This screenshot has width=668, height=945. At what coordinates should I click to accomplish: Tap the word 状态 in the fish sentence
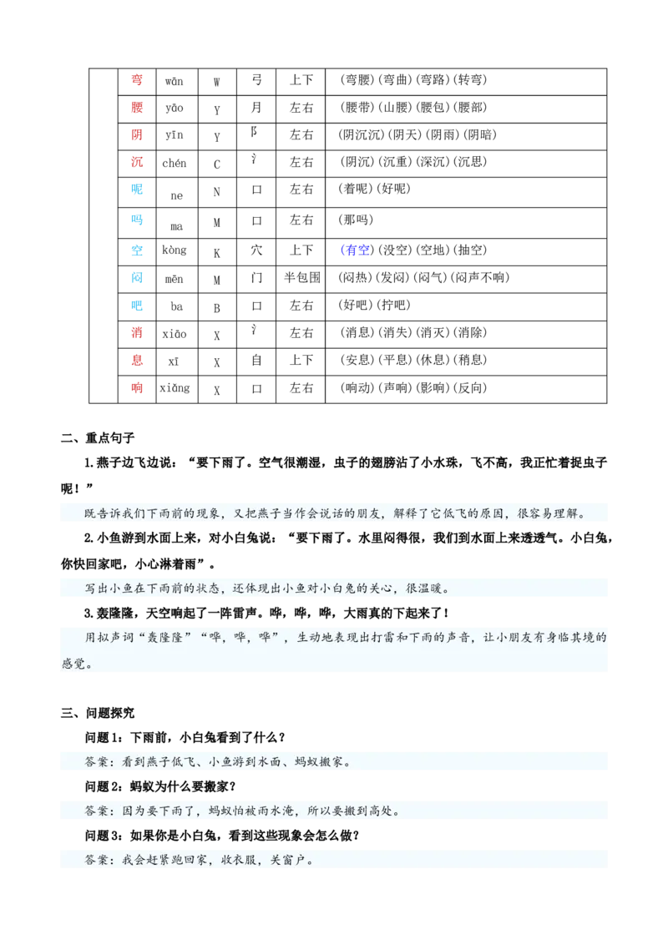tap(202, 588)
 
